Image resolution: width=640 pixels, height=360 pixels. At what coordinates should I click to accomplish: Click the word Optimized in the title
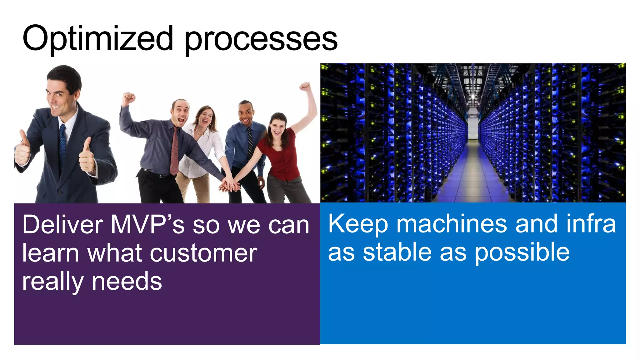97,39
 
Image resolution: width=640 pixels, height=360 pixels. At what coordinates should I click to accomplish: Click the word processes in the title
261,40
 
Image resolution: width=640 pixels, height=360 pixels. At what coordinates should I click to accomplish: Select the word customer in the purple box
203,253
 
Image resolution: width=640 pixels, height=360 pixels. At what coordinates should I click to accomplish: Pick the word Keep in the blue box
358,224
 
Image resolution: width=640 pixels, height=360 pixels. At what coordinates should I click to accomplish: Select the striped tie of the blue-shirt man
250,144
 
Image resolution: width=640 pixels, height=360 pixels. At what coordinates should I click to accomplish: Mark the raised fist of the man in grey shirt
128,98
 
